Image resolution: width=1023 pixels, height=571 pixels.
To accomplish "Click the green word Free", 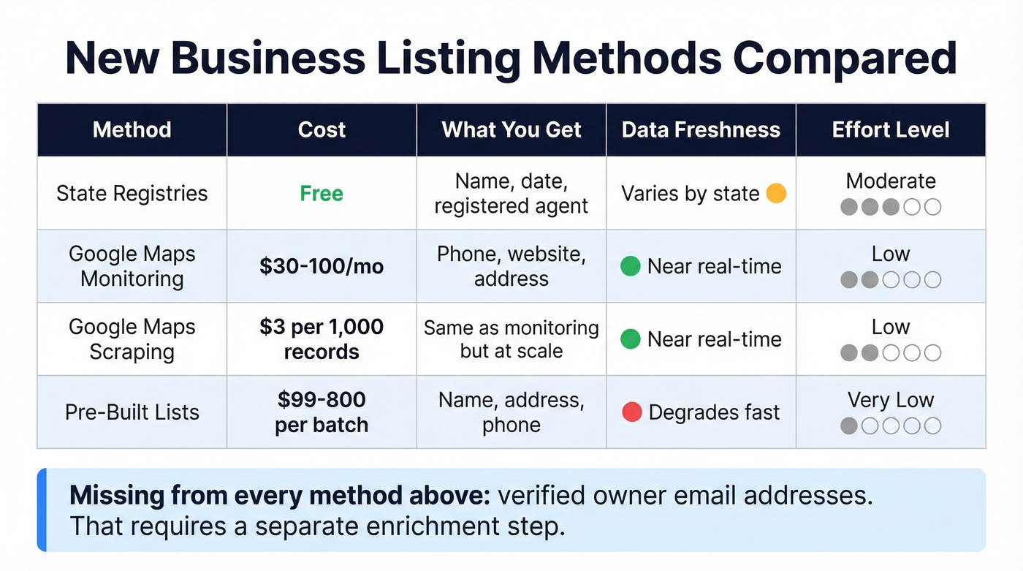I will [322, 194].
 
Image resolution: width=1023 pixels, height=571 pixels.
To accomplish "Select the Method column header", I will [132, 130].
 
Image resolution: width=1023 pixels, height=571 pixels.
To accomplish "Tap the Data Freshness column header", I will [701, 130].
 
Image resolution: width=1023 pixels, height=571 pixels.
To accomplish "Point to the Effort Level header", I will [891, 130].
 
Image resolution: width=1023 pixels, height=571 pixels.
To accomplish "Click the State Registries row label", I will [132, 194].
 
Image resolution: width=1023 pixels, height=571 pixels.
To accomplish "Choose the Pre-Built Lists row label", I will [132, 412].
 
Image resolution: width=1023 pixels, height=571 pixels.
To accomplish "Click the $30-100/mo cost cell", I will [322, 266].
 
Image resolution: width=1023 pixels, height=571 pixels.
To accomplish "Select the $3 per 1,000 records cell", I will [322, 339].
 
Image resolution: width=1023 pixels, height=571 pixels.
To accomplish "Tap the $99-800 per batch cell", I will [322, 412].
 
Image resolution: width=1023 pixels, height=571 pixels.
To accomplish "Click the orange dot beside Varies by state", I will [776, 194].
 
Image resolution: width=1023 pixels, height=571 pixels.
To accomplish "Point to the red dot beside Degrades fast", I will [631, 412].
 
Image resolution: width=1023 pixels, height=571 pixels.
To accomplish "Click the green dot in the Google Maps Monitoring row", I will [631, 266].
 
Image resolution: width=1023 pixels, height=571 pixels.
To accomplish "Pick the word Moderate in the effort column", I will [891, 181].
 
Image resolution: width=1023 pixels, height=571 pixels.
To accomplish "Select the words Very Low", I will [891, 400].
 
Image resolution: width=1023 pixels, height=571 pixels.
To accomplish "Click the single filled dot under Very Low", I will [848, 426].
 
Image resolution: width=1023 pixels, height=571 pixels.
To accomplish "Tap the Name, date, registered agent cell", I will [512, 194].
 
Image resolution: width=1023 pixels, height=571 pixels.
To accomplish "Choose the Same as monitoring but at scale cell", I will [512, 339].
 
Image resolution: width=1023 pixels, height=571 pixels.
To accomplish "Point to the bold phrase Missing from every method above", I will [279, 496].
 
